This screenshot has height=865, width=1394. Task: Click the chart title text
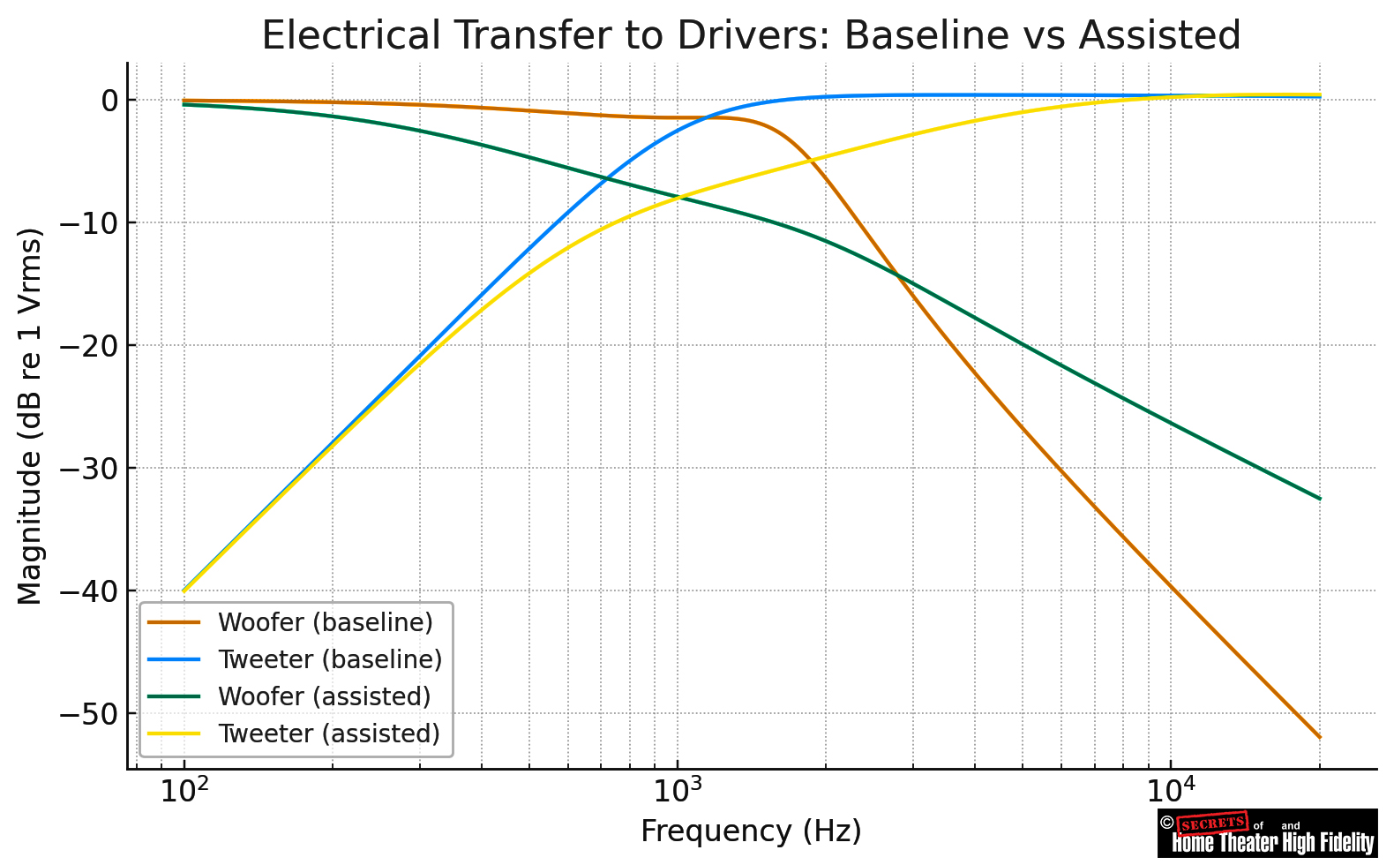[751, 36]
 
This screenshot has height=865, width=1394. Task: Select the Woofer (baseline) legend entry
[325, 622]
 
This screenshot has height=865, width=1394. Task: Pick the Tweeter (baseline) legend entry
[329, 659]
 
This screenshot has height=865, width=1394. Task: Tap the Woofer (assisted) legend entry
[324, 696]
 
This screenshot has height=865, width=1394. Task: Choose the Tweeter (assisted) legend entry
[328, 733]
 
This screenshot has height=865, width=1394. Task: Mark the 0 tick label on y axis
[109, 101]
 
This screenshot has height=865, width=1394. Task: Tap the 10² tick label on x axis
[184, 791]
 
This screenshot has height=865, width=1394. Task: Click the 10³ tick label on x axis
[677, 791]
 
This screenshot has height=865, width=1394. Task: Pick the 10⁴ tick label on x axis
[1170, 791]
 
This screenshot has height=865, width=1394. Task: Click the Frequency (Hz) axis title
[751, 831]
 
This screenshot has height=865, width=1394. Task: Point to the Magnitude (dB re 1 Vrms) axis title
[30, 417]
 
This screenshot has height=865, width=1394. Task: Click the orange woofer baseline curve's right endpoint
[1320, 737]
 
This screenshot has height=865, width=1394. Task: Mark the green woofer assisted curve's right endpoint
[1320, 499]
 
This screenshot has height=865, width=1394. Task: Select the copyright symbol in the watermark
[1166, 823]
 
